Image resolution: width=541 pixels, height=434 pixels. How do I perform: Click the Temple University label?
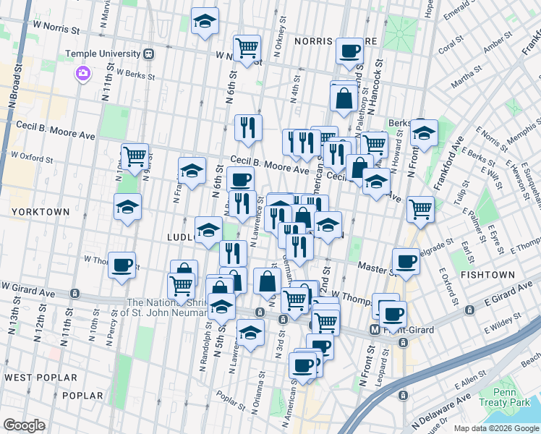103,54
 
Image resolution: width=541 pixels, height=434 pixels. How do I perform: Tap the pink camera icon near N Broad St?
82,73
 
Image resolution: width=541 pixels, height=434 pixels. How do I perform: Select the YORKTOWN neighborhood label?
41,212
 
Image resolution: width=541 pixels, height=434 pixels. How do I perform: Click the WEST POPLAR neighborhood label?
41,378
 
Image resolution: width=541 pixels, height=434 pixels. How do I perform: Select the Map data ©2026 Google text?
495,428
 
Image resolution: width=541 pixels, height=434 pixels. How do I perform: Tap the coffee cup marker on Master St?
406,261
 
